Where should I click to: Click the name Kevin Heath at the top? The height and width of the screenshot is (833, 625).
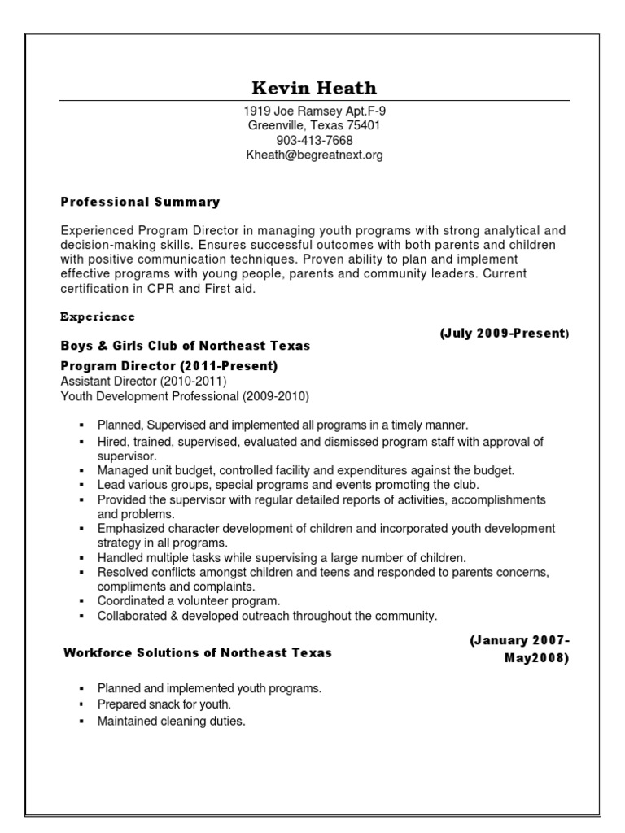(x=314, y=87)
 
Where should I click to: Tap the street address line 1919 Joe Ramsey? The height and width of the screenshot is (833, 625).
(x=313, y=111)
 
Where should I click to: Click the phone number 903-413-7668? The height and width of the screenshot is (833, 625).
(x=313, y=140)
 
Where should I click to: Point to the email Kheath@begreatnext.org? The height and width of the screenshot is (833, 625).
(x=313, y=155)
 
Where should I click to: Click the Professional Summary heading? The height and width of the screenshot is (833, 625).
(x=140, y=202)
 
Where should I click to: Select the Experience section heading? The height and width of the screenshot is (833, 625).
(x=98, y=316)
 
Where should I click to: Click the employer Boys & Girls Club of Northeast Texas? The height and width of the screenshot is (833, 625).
(x=186, y=346)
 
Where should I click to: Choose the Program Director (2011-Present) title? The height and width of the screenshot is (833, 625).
(x=169, y=367)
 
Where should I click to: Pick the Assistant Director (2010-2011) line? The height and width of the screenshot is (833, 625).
(x=143, y=381)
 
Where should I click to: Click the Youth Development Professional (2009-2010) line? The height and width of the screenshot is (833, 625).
(x=185, y=396)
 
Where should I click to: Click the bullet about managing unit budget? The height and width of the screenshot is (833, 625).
(x=306, y=470)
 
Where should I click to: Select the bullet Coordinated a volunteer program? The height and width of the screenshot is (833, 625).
(x=189, y=600)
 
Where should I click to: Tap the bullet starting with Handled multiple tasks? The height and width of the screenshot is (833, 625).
(x=282, y=558)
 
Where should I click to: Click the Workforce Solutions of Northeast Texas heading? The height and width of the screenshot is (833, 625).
(x=197, y=653)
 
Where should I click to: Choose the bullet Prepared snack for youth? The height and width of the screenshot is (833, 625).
(x=164, y=704)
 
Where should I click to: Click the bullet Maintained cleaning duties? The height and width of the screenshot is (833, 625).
(x=171, y=721)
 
